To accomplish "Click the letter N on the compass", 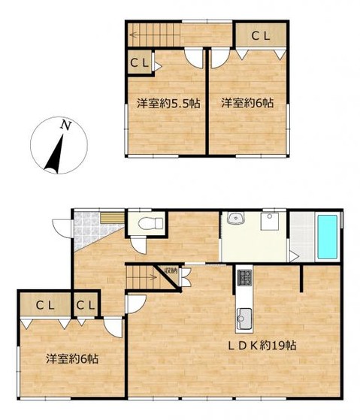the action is (66, 125).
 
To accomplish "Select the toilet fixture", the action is (151, 223).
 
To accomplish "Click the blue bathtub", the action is (327, 237).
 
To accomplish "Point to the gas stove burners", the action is (245, 277).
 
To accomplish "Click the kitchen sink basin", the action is (244, 319).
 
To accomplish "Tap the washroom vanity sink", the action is (236, 219).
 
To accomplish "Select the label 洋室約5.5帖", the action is (168, 104).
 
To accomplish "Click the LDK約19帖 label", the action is (262, 346).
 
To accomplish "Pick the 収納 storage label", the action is (171, 270).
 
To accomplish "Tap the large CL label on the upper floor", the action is (261, 36).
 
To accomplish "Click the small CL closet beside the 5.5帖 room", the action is (139, 63).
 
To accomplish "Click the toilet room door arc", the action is (138, 245).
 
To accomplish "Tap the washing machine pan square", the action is (271, 221).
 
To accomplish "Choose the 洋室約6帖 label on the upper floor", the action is (247, 104).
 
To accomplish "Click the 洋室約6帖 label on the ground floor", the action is (72, 359).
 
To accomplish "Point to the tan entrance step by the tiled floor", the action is (113, 218).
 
